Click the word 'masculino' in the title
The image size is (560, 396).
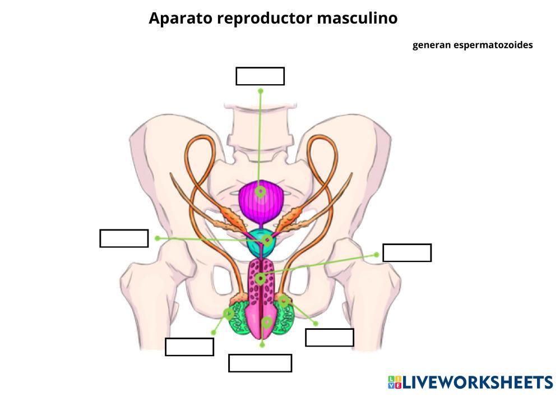point(357,18)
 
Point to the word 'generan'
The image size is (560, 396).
point(432,45)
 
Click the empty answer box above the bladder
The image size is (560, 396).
point(260,76)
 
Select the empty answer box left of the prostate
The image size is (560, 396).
point(124,238)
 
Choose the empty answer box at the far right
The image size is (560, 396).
point(407,253)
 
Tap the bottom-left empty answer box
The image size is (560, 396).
point(189,347)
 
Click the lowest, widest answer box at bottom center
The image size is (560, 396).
point(260,363)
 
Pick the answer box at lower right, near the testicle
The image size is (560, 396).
point(330,338)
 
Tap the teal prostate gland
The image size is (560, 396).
point(260,242)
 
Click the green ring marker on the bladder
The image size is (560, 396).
point(260,192)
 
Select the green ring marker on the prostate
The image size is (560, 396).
point(268,240)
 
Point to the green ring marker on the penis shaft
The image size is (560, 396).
point(260,279)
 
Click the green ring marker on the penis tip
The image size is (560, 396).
point(267,322)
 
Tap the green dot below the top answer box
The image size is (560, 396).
point(261,90)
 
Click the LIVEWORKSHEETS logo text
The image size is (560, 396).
point(476,383)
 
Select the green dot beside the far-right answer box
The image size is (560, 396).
point(376,255)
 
